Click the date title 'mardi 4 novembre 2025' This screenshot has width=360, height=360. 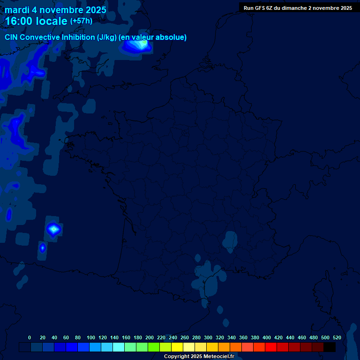pos(55,10)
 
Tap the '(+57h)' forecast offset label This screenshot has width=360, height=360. pos(81,21)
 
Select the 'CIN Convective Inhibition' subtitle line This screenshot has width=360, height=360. pos(96,37)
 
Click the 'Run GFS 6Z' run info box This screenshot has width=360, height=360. pos(298,8)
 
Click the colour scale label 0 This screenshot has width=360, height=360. pos(30,337)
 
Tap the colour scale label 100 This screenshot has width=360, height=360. pos(91,337)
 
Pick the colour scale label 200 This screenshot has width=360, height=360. pos(150,337)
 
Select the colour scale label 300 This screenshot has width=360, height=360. pos(208,337)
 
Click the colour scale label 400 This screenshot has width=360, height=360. pos(267,337)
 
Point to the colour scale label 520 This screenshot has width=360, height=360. pos(337,337)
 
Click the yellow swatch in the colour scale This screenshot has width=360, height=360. pos(177,347)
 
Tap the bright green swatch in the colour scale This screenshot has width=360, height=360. pos(154,347)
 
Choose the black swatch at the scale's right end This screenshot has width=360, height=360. pos(330,347)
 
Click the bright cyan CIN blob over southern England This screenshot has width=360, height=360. pos(138,45)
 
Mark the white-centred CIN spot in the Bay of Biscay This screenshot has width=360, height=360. pos(54,229)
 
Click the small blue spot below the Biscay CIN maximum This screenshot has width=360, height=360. pos(43,247)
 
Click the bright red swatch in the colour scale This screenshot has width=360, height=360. pos(271,347)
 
